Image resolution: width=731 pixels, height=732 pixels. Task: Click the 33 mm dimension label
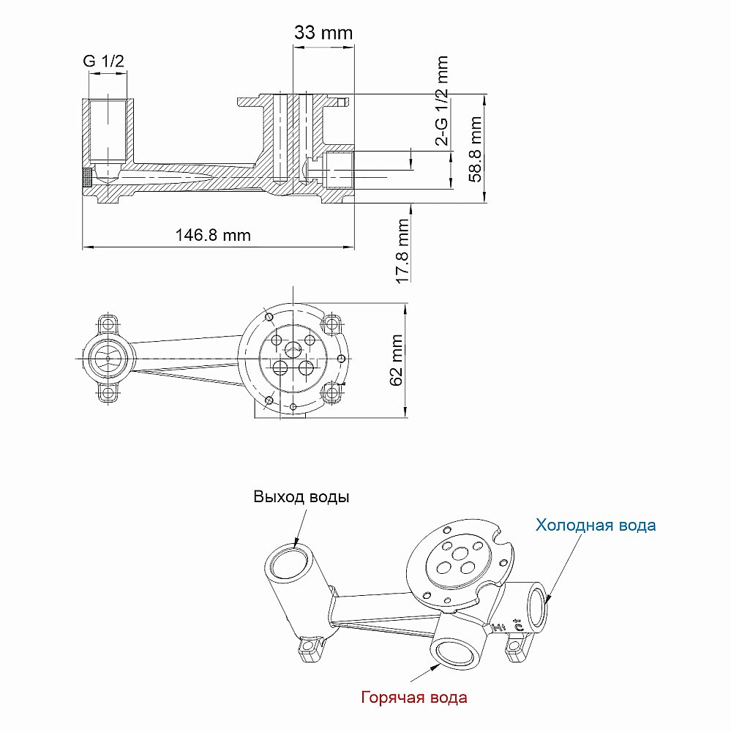pos(323,33)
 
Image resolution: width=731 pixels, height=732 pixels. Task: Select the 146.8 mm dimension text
pos(213,235)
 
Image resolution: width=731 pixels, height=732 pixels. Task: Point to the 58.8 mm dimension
pos(476,149)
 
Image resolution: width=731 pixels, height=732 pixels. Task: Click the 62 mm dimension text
pos(396,359)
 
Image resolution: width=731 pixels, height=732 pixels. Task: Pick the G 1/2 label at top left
pos(103,61)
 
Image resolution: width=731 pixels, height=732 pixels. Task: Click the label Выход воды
pos(301,497)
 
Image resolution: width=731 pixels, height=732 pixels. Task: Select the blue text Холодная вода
pos(596,525)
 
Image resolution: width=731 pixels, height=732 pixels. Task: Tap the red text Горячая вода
pos(414,697)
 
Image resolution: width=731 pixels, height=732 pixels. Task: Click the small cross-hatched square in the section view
pos(86,176)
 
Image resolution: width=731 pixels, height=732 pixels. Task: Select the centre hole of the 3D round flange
pos(462,555)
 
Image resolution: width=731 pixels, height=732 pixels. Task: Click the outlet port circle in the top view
pos(108,359)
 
